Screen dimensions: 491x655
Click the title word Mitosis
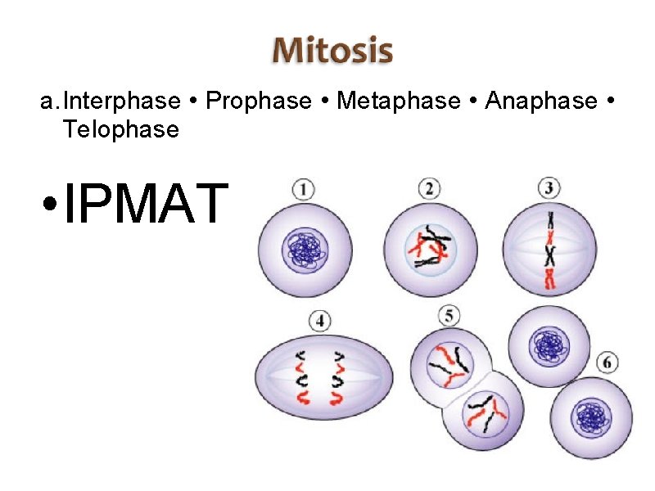[332, 51]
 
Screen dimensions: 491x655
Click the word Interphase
[122, 101]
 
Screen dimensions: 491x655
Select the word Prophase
[259, 101]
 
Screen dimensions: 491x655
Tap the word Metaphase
[399, 101]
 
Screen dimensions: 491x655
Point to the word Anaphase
[541, 101]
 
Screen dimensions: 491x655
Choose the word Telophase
[120, 129]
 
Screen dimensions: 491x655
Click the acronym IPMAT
[144, 204]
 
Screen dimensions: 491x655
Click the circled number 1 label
[303, 190]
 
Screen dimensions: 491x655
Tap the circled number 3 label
[549, 189]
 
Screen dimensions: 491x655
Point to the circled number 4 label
[319, 320]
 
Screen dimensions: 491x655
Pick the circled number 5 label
[449, 314]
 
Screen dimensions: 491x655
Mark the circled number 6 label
[608, 362]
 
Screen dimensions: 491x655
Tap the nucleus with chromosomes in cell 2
[431, 248]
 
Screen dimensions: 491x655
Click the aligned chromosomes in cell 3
[549, 250]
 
